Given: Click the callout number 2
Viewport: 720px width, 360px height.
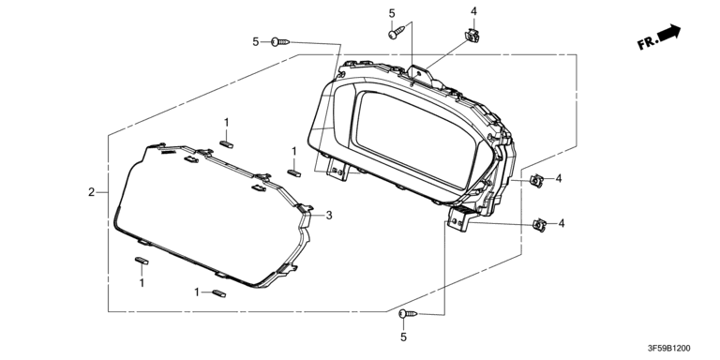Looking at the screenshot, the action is point(91,192).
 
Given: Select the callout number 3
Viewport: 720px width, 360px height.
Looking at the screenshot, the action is point(329,215).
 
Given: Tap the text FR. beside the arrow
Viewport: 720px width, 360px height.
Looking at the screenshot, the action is point(648,43).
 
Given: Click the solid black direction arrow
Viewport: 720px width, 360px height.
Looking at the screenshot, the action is point(669,32).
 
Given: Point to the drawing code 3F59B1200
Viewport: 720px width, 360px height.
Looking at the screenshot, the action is point(668,349).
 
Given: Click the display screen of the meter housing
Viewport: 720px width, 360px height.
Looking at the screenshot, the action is point(415,138).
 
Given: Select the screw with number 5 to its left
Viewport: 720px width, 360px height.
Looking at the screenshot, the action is point(280,42).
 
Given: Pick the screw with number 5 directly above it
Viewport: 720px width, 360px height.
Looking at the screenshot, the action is point(397,32).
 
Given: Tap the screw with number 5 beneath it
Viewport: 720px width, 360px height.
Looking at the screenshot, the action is point(408,314).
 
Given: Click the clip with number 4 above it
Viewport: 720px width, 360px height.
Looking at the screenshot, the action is point(472,36).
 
